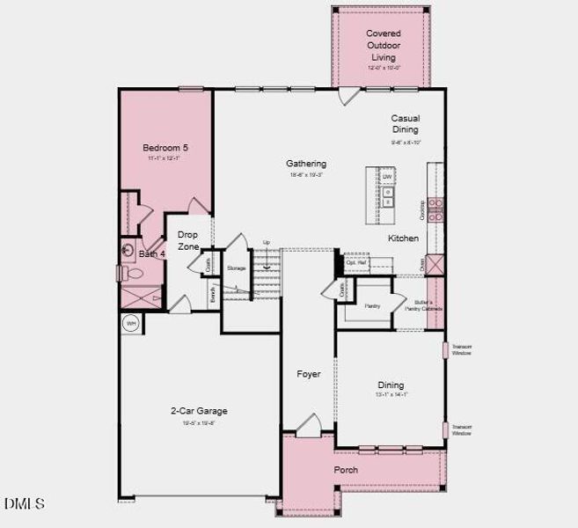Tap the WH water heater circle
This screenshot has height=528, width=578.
click(x=131, y=323)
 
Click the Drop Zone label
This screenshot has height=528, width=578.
click(x=188, y=240)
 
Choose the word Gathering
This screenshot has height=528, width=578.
click(x=306, y=163)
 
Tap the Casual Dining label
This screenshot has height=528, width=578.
click(x=406, y=123)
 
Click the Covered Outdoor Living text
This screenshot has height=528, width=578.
click(x=384, y=45)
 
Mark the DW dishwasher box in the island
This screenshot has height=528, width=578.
click(x=386, y=177)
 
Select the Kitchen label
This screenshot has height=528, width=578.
click(x=404, y=238)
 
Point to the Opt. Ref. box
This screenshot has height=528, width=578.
click(x=356, y=262)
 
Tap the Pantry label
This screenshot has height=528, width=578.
click(x=372, y=305)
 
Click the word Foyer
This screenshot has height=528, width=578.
click(x=308, y=374)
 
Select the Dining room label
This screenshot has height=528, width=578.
click(x=391, y=385)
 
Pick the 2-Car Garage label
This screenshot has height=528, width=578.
click(x=199, y=411)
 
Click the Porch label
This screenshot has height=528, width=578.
click(x=346, y=470)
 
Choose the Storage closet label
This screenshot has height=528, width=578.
click(x=236, y=268)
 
